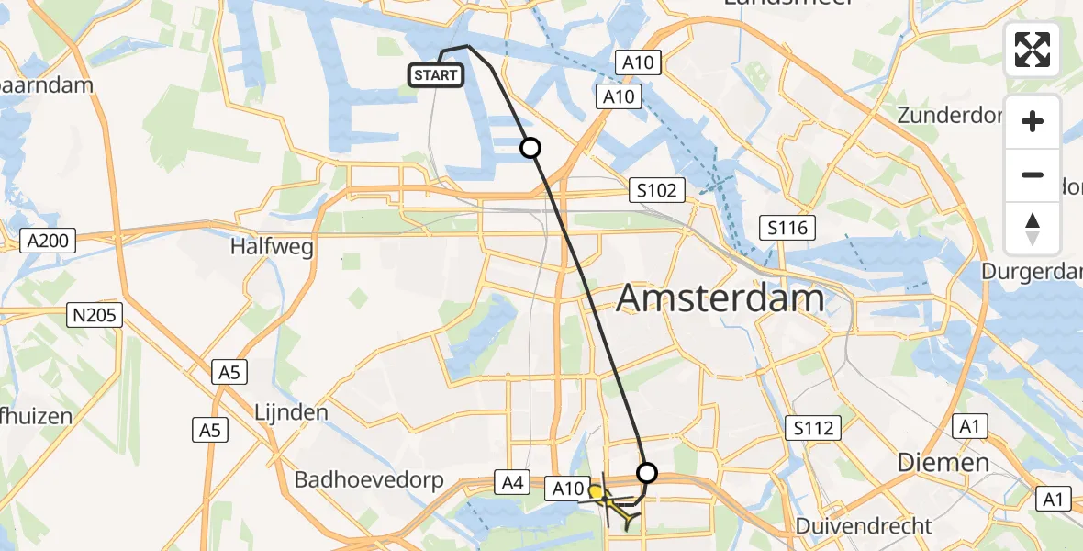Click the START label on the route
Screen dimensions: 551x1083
tap(436, 75)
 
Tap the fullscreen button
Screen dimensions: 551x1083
tap(1033, 50)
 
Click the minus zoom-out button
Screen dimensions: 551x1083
tap(1033, 174)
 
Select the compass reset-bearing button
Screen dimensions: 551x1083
tap(1033, 229)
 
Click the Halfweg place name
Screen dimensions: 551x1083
tap(272, 247)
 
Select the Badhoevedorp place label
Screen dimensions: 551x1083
tap(369, 480)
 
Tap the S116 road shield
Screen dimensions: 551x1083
tap(788, 227)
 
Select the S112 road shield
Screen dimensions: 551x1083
tap(813, 427)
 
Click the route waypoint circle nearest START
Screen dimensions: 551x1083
tap(530, 147)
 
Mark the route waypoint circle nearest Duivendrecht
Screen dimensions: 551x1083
tap(647, 473)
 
